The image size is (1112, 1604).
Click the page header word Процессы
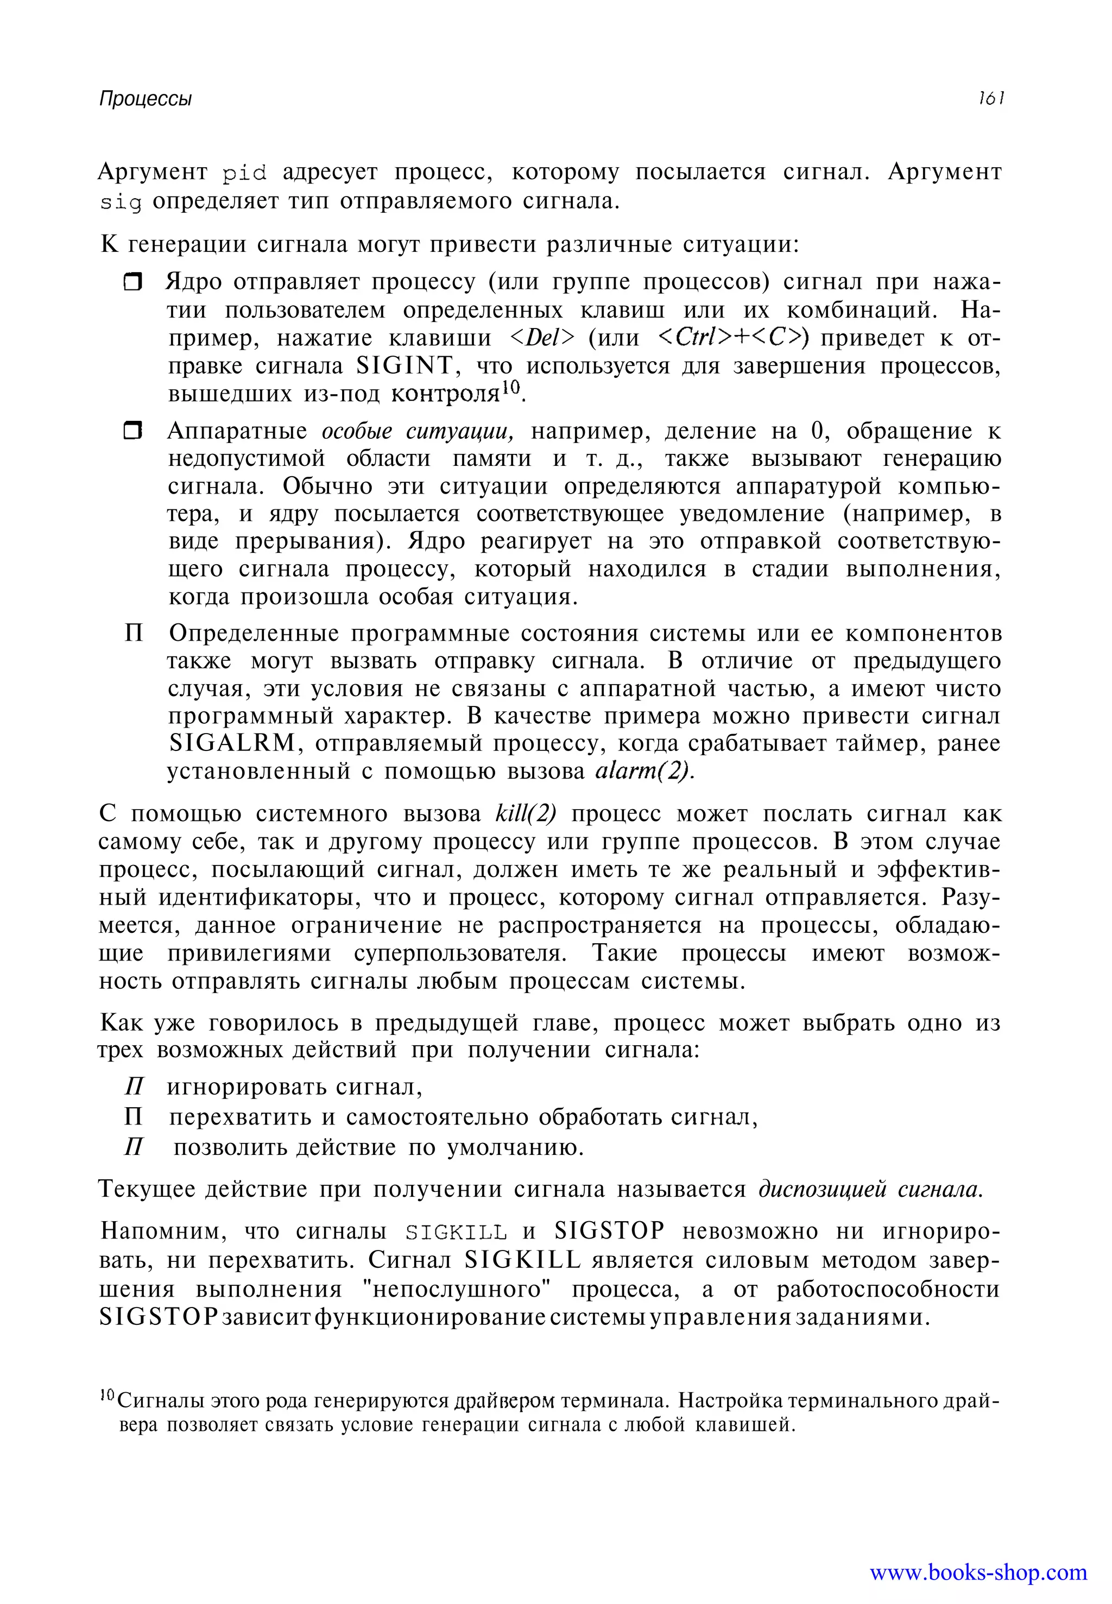145,99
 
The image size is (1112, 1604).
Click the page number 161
990,98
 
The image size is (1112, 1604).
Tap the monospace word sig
120,202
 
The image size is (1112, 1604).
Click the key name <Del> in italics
542,338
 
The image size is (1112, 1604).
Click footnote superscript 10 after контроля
511,387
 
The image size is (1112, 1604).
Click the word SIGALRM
232,743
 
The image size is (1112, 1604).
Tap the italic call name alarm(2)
644,772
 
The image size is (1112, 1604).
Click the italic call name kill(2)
526,813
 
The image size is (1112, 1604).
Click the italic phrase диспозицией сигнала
870,1189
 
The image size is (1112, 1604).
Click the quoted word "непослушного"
458,1289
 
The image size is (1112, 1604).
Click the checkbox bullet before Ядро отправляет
132,282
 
